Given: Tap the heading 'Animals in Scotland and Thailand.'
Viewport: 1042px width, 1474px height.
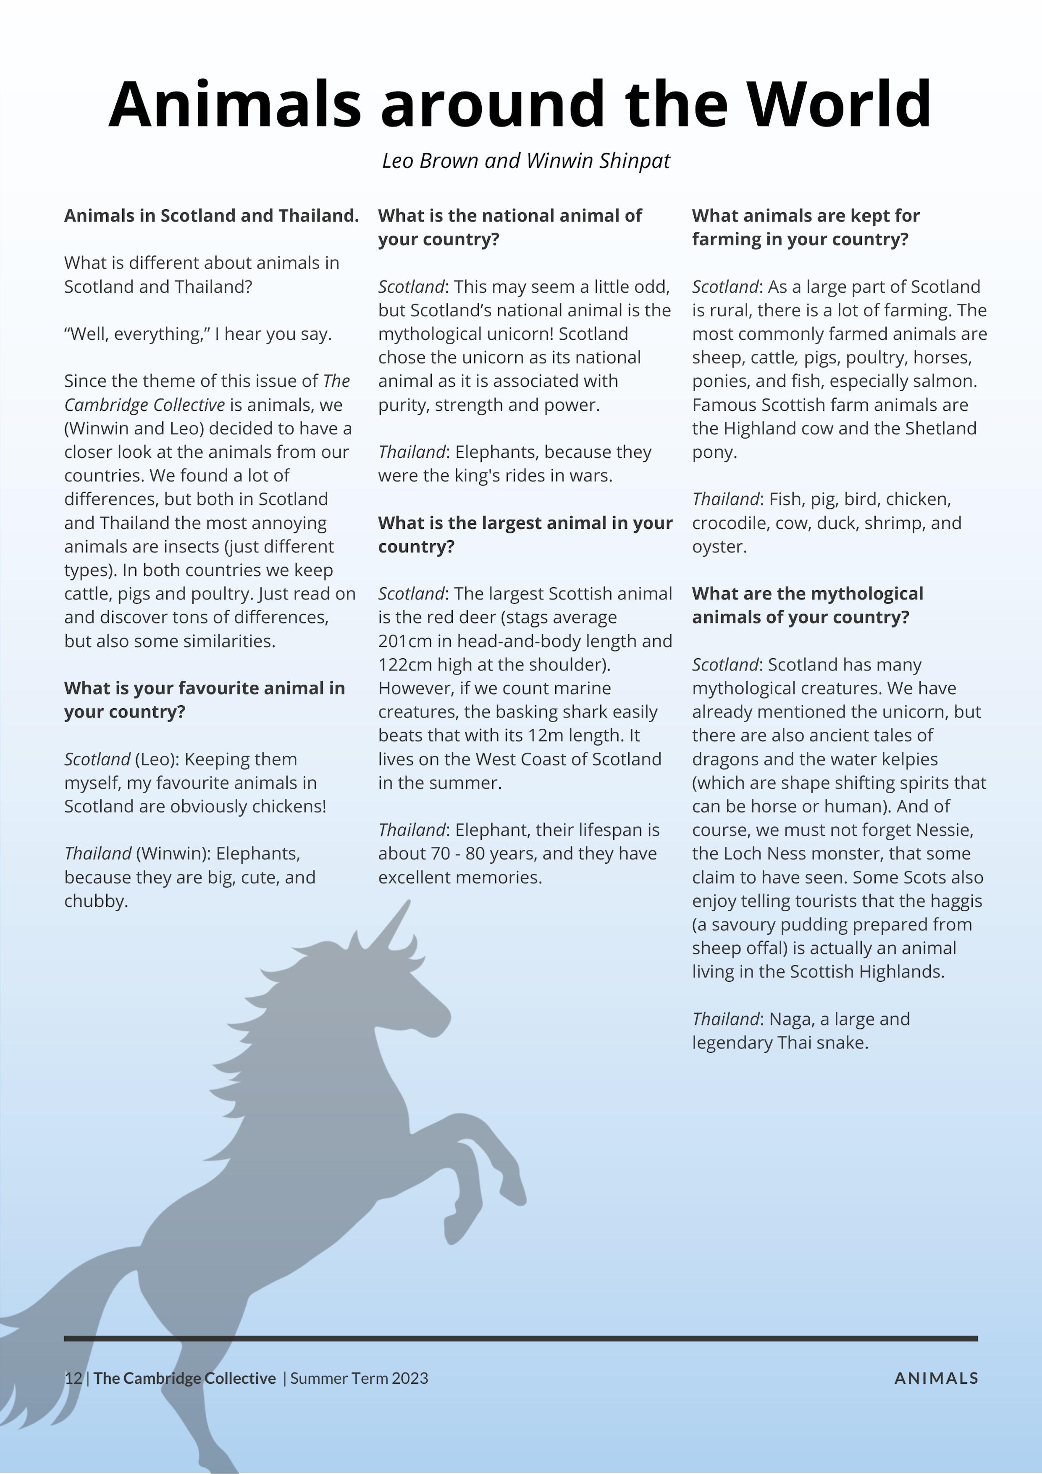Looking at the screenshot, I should [x=211, y=216].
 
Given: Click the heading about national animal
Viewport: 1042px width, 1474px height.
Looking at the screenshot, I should [x=510, y=227].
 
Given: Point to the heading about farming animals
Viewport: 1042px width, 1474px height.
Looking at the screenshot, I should [x=806, y=227].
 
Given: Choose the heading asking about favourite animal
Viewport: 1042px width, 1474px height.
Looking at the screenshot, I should [x=204, y=700].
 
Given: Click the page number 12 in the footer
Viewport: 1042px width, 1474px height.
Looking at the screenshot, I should [x=73, y=1378].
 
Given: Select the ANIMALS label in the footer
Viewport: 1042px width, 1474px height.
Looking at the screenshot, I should [x=936, y=1378].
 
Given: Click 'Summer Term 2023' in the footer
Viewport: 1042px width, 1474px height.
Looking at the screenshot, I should [x=359, y=1378].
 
